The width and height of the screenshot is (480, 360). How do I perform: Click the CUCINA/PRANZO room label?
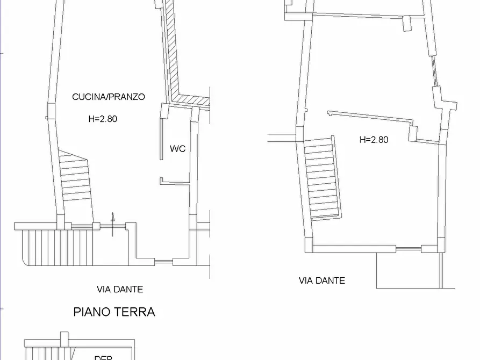click(x=109, y=97)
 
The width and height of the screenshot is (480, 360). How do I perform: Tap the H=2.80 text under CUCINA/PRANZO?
click(x=102, y=119)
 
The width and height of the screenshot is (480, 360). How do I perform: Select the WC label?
click(x=177, y=149)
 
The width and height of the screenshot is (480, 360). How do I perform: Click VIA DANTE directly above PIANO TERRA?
click(x=120, y=289)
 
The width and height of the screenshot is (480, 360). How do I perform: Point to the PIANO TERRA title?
click(x=114, y=312)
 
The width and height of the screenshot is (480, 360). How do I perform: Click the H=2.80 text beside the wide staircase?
click(x=374, y=140)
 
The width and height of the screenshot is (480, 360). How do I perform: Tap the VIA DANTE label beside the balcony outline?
click(x=321, y=280)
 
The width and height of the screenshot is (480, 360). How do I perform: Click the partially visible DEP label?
click(x=103, y=357)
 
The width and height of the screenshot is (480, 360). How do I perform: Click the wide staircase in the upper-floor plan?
click(x=321, y=177)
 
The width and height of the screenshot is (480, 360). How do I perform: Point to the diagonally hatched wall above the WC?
click(x=172, y=54)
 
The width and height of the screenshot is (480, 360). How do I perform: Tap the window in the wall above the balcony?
click(x=409, y=248)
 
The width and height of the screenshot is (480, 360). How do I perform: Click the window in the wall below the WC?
click(x=163, y=262)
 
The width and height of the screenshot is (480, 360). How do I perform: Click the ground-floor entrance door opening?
click(x=109, y=226)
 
